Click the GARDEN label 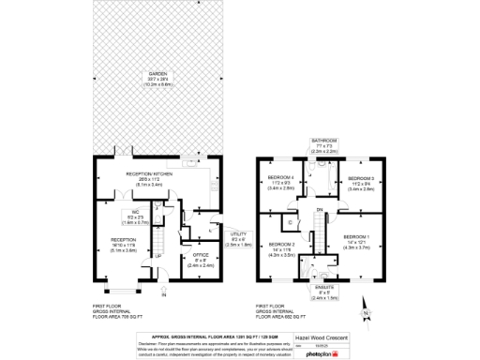tap(149, 74)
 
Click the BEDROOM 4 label tap(280, 177)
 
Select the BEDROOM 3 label tap(361, 177)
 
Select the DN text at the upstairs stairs tap(321, 209)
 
